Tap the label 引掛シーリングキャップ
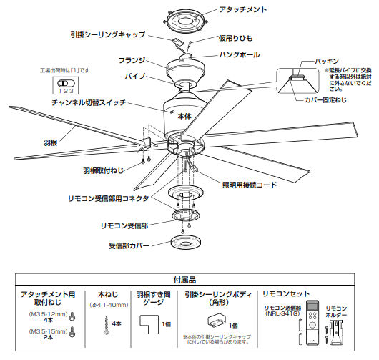tap(108, 34)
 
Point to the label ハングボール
tap(240, 54)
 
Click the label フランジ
tap(132, 60)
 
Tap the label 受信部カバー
tap(128, 245)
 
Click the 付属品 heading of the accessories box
tap(189, 280)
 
